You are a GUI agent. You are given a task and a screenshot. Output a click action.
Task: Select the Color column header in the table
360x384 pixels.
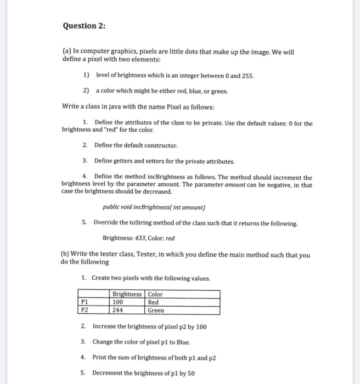point(155,294)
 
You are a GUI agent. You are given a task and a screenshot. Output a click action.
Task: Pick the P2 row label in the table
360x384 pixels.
point(84,310)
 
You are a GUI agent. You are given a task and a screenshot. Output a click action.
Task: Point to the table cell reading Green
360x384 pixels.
point(156,310)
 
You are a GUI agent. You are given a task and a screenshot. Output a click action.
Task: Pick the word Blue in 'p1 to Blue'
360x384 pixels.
point(182,342)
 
